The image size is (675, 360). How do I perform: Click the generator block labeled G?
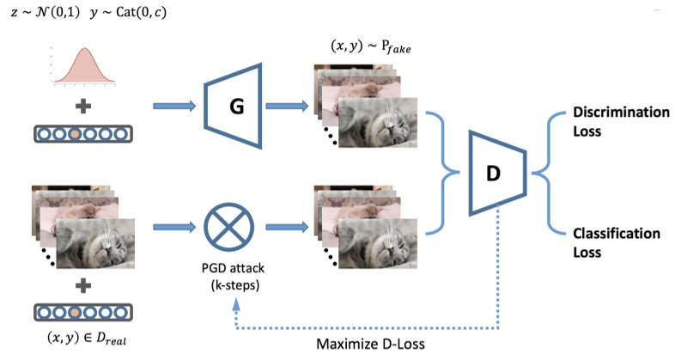[232, 107]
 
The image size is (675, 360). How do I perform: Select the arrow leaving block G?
[287, 107]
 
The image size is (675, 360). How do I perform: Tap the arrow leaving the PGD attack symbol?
[287, 228]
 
